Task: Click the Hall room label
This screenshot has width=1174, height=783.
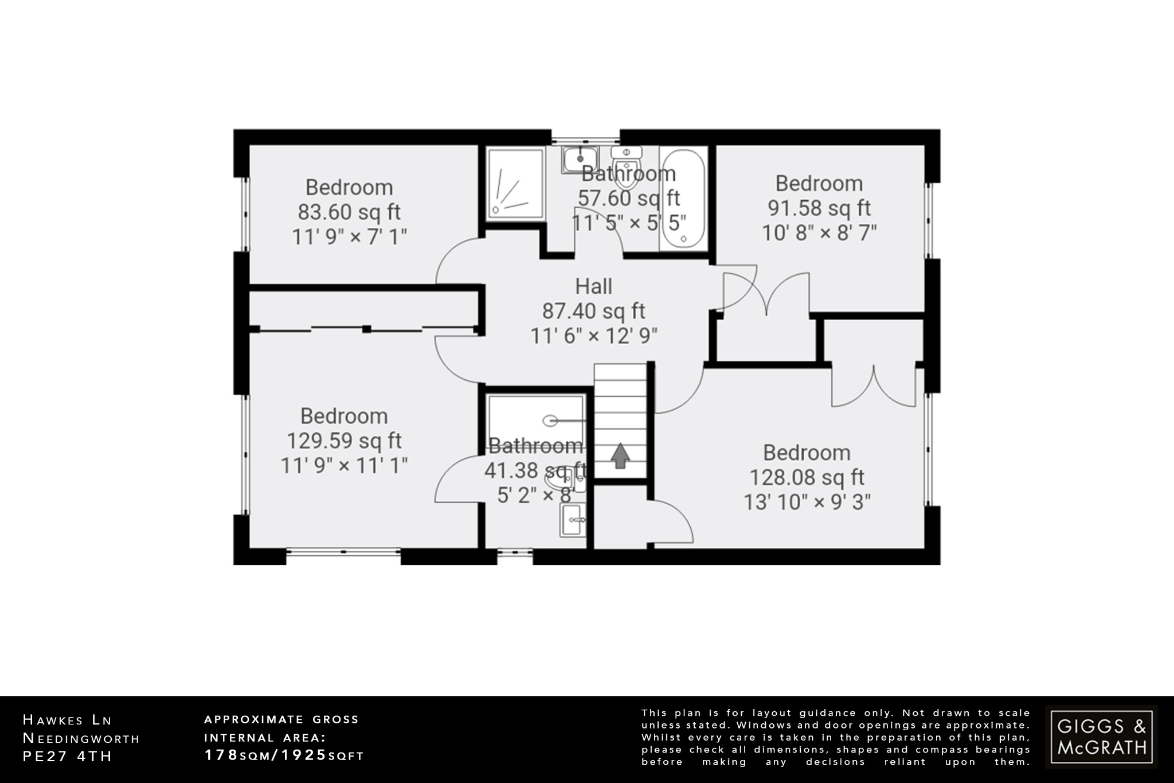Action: point(593,286)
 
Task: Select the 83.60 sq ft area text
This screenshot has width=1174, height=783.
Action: point(349,212)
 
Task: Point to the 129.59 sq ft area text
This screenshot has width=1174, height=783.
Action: point(344,441)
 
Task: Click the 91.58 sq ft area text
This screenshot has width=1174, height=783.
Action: point(819,208)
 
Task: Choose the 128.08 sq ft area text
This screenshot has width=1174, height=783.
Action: point(807,477)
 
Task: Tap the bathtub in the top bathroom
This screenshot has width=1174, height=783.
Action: point(683,198)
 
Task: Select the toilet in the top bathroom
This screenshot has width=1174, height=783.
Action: point(627,166)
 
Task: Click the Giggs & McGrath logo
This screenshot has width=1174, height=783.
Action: point(1101,737)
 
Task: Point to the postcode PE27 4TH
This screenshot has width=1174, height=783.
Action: point(67,756)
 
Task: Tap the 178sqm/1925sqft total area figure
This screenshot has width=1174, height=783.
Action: point(284,755)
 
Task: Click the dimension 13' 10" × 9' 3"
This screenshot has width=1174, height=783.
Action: point(807,502)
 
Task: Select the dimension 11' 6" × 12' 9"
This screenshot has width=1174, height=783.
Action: point(593,336)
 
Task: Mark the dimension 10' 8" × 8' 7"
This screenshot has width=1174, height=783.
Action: point(819,233)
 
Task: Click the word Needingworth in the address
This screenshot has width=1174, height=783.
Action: point(81,738)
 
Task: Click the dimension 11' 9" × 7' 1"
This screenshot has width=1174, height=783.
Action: point(349,237)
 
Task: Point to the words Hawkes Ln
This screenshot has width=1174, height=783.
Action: point(67,720)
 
